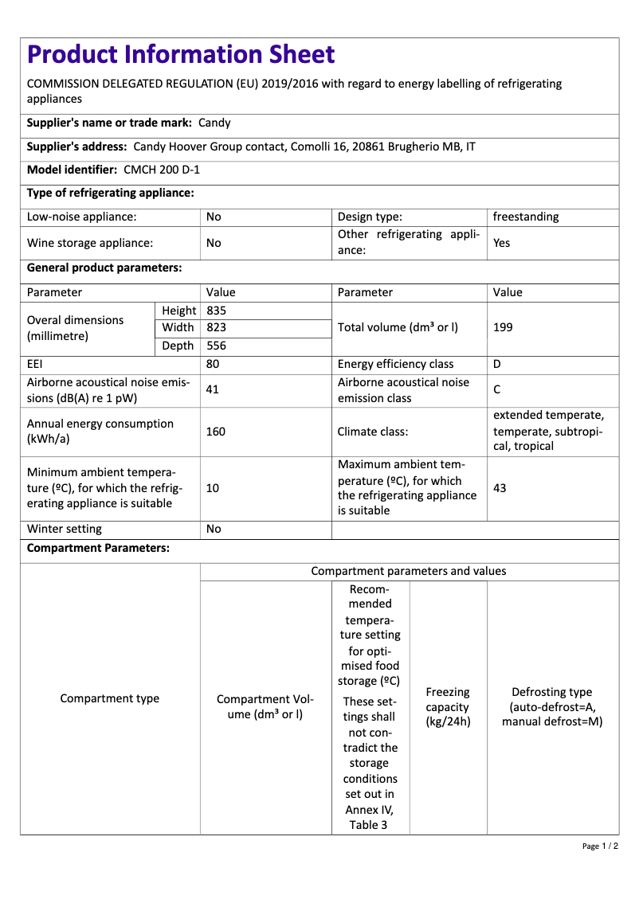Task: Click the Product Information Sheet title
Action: click(181, 54)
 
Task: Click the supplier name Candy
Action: click(214, 123)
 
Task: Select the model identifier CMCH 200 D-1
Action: click(162, 170)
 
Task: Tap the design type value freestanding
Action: click(526, 217)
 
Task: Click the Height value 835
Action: click(217, 311)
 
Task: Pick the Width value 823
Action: click(217, 327)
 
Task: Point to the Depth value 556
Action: click(217, 346)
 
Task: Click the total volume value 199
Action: click(504, 327)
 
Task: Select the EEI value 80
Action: click(213, 364)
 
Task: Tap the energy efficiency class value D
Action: click(497, 364)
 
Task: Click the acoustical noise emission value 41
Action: click(213, 389)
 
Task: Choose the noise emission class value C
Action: click(497, 390)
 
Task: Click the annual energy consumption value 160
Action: click(216, 432)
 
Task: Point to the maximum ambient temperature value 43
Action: click(500, 487)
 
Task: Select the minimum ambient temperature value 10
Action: click(213, 487)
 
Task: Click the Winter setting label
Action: click(65, 529)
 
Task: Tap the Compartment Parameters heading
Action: click(98, 549)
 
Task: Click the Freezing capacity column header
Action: click(448, 707)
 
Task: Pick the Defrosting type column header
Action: click(552, 707)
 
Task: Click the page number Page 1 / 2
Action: click(600, 846)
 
